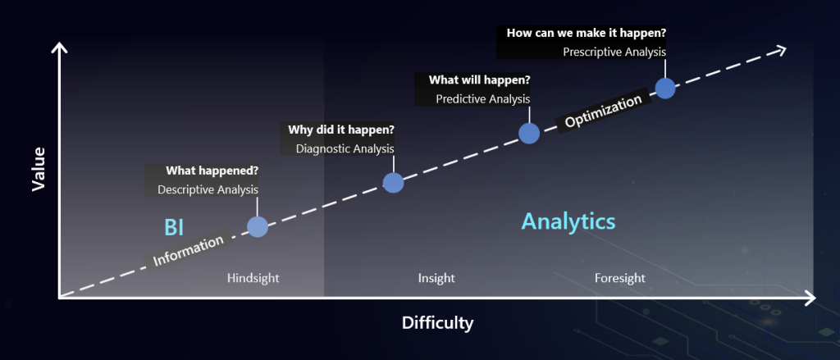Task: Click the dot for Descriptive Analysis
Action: pyautogui.click(x=258, y=227)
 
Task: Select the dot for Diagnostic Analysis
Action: pyautogui.click(x=393, y=183)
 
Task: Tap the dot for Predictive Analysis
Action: pyautogui.click(x=529, y=134)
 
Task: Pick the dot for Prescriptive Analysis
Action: pyautogui.click(x=665, y=89)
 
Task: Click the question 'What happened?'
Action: pyautogui.click(x=212, y=171)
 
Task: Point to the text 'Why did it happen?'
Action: pyautogui.click(x=341, y=130)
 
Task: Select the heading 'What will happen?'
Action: pyautogui.click(x=479, y=80)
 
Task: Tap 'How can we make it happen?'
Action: pyautogui.click(x=587, y=33)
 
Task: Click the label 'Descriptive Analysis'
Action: pyautogui.click(x=208, y=189)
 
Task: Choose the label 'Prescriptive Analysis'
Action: pyautogui.click(x=614, y=52)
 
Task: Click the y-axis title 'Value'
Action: pyautogui.click(x=39, y=169)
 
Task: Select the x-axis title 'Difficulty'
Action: pyautogui.click(x=438, y=323)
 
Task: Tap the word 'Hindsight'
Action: pyautogui.click(x=253, y=278)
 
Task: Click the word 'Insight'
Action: pyautogui.click(x=436, y=278)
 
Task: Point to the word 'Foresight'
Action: pyautogui.click(x=620, y=278)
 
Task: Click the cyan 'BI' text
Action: pyautogui.click(x=174, y=227)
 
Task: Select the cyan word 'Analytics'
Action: pyautogui.click(x=568, y=221)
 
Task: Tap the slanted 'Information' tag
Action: pyautogui.click(x=189, y=250)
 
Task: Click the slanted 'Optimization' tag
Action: pyautogui.click(x=603, y=112)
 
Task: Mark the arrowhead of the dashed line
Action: pyautogui.click(x=779, y=50)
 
